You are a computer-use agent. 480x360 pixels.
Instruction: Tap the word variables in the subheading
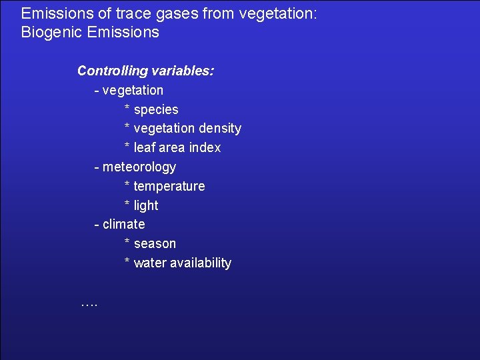click(x=183, y=71)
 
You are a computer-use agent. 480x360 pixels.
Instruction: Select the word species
click(x=156, y=109)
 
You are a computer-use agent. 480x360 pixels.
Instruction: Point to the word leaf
click(x=145, y=147)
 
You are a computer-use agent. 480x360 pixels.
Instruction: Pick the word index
click(x=205, y=147)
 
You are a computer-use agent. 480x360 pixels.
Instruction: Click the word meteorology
click(x=139, y=167)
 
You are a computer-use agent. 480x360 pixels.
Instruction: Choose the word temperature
click(x=169, y=186)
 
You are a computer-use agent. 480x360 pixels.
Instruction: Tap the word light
click(x=146, y=205)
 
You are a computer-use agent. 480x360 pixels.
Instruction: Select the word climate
click(x=123, y=224)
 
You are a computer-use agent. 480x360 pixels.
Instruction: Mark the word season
click(x=155, y=243)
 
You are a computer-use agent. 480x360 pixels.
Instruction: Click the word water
click(x=150, y=263)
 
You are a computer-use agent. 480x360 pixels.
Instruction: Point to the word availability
click(x=201, y=263)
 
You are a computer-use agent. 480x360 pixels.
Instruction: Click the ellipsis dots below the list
click(x=89, y=303)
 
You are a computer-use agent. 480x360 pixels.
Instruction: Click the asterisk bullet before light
click(x=127, y=205)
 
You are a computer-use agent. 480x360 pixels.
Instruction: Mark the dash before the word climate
click(x=97, y=225)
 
